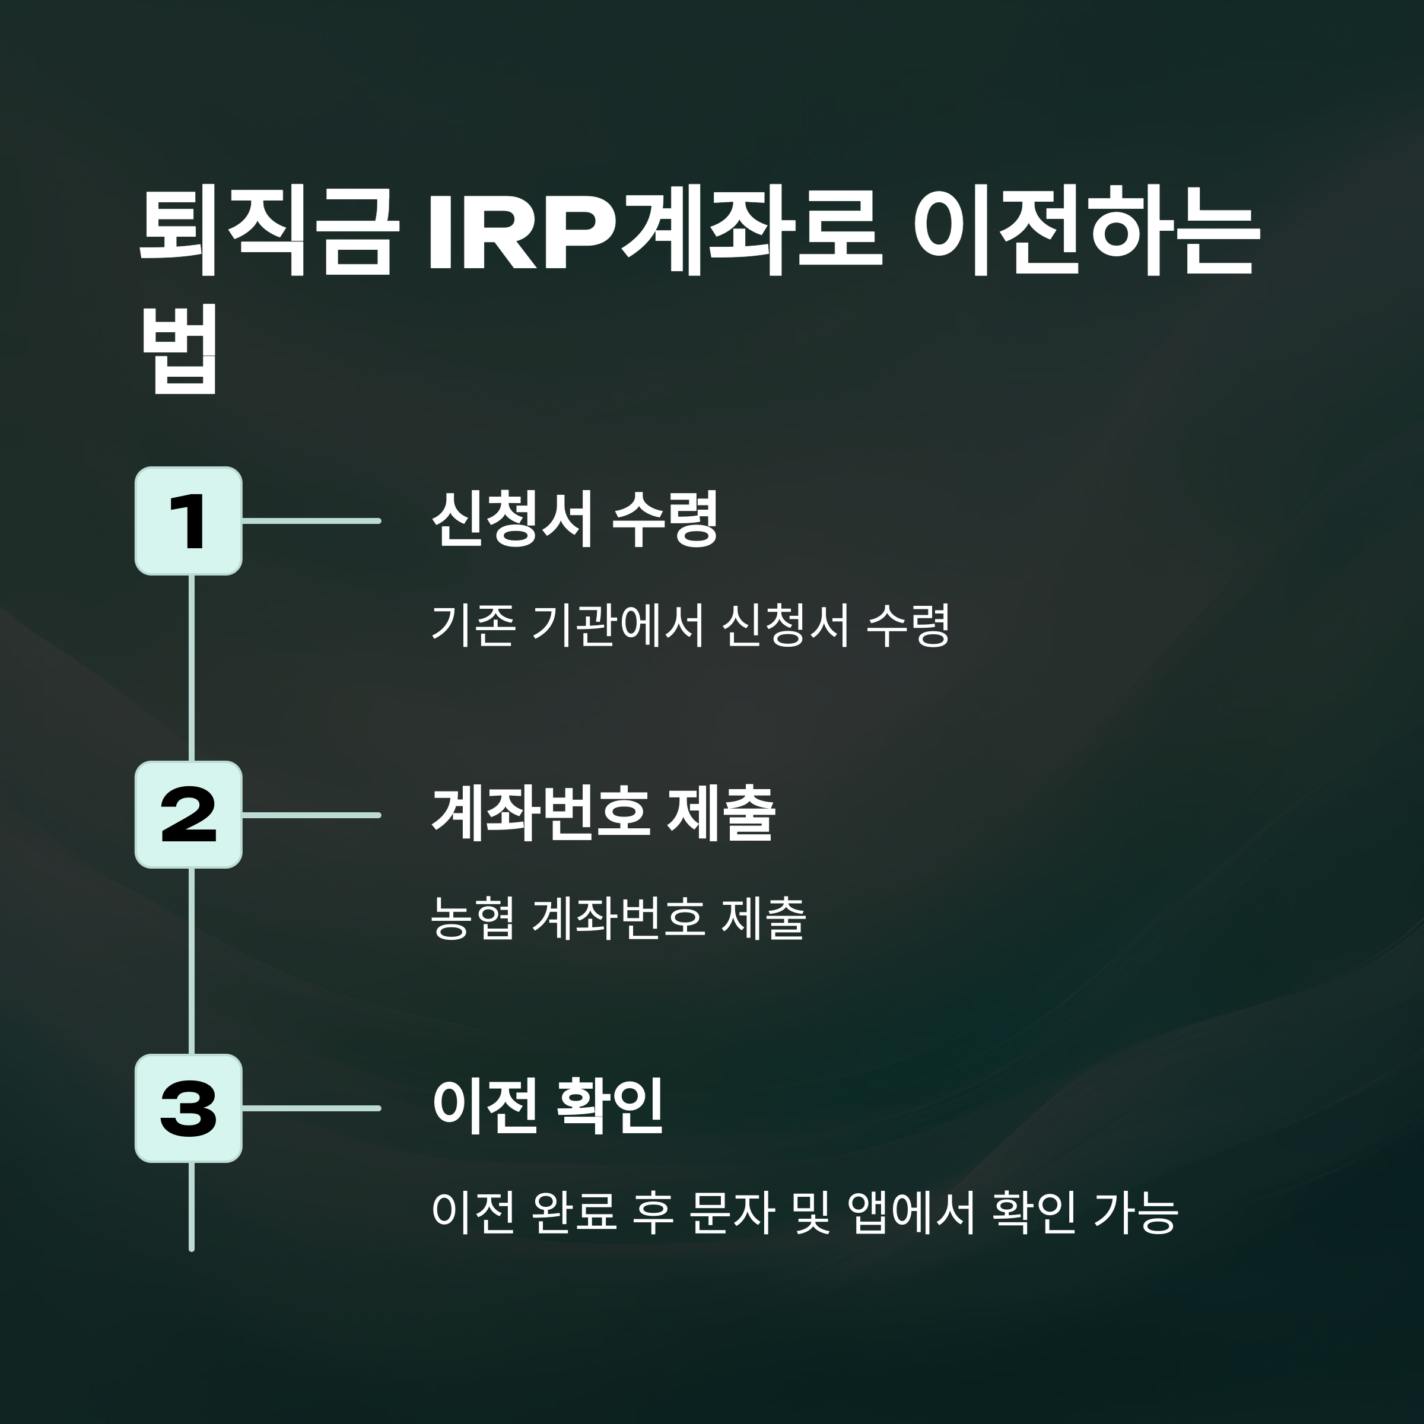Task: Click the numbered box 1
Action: pos(189,521)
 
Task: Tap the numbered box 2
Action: pos(189,815)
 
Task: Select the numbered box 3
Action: pos(189,1108)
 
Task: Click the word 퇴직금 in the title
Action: pos(265,234)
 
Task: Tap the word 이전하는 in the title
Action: pos(1084,234)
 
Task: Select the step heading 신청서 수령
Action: pos(575,520)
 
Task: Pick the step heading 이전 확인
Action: pos(548,1107)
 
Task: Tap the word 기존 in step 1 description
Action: pos(472,626)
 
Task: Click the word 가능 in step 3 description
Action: pos(1136,1212)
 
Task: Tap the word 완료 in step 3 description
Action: pos(573,1212)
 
